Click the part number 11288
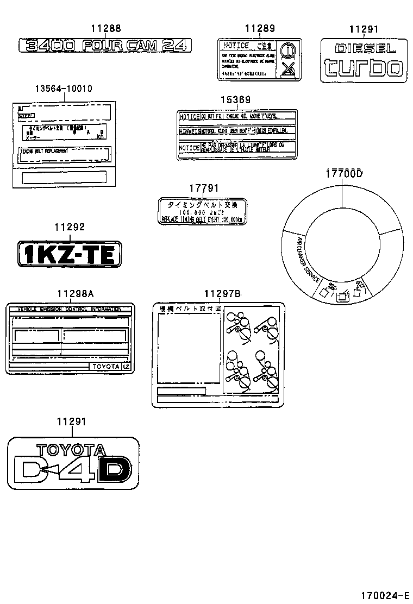coord(105,29)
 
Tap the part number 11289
coord(259,29)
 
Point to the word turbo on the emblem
coord(364,67)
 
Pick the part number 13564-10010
coord(64,89)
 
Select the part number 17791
coord(204,188)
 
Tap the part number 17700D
coord(344,174)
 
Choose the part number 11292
coord(70,228)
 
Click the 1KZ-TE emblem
coord(69,254)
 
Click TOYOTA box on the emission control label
coord(105,367)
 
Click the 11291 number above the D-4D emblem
coord(71,421)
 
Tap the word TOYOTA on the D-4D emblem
coord(71,450)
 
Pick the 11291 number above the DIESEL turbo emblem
coord(364,30)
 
